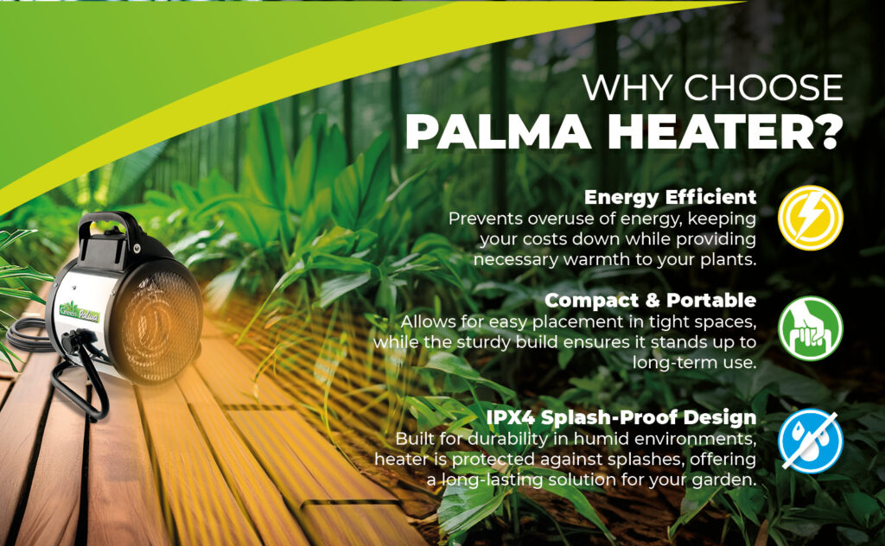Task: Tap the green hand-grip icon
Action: click(x=811, y=328)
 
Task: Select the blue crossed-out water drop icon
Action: click(x=811, y=441)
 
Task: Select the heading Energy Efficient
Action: click(x=670, y=196)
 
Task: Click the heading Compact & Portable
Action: click(x=651, y=300)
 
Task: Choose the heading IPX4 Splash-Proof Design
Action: click(x=621, y=417)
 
